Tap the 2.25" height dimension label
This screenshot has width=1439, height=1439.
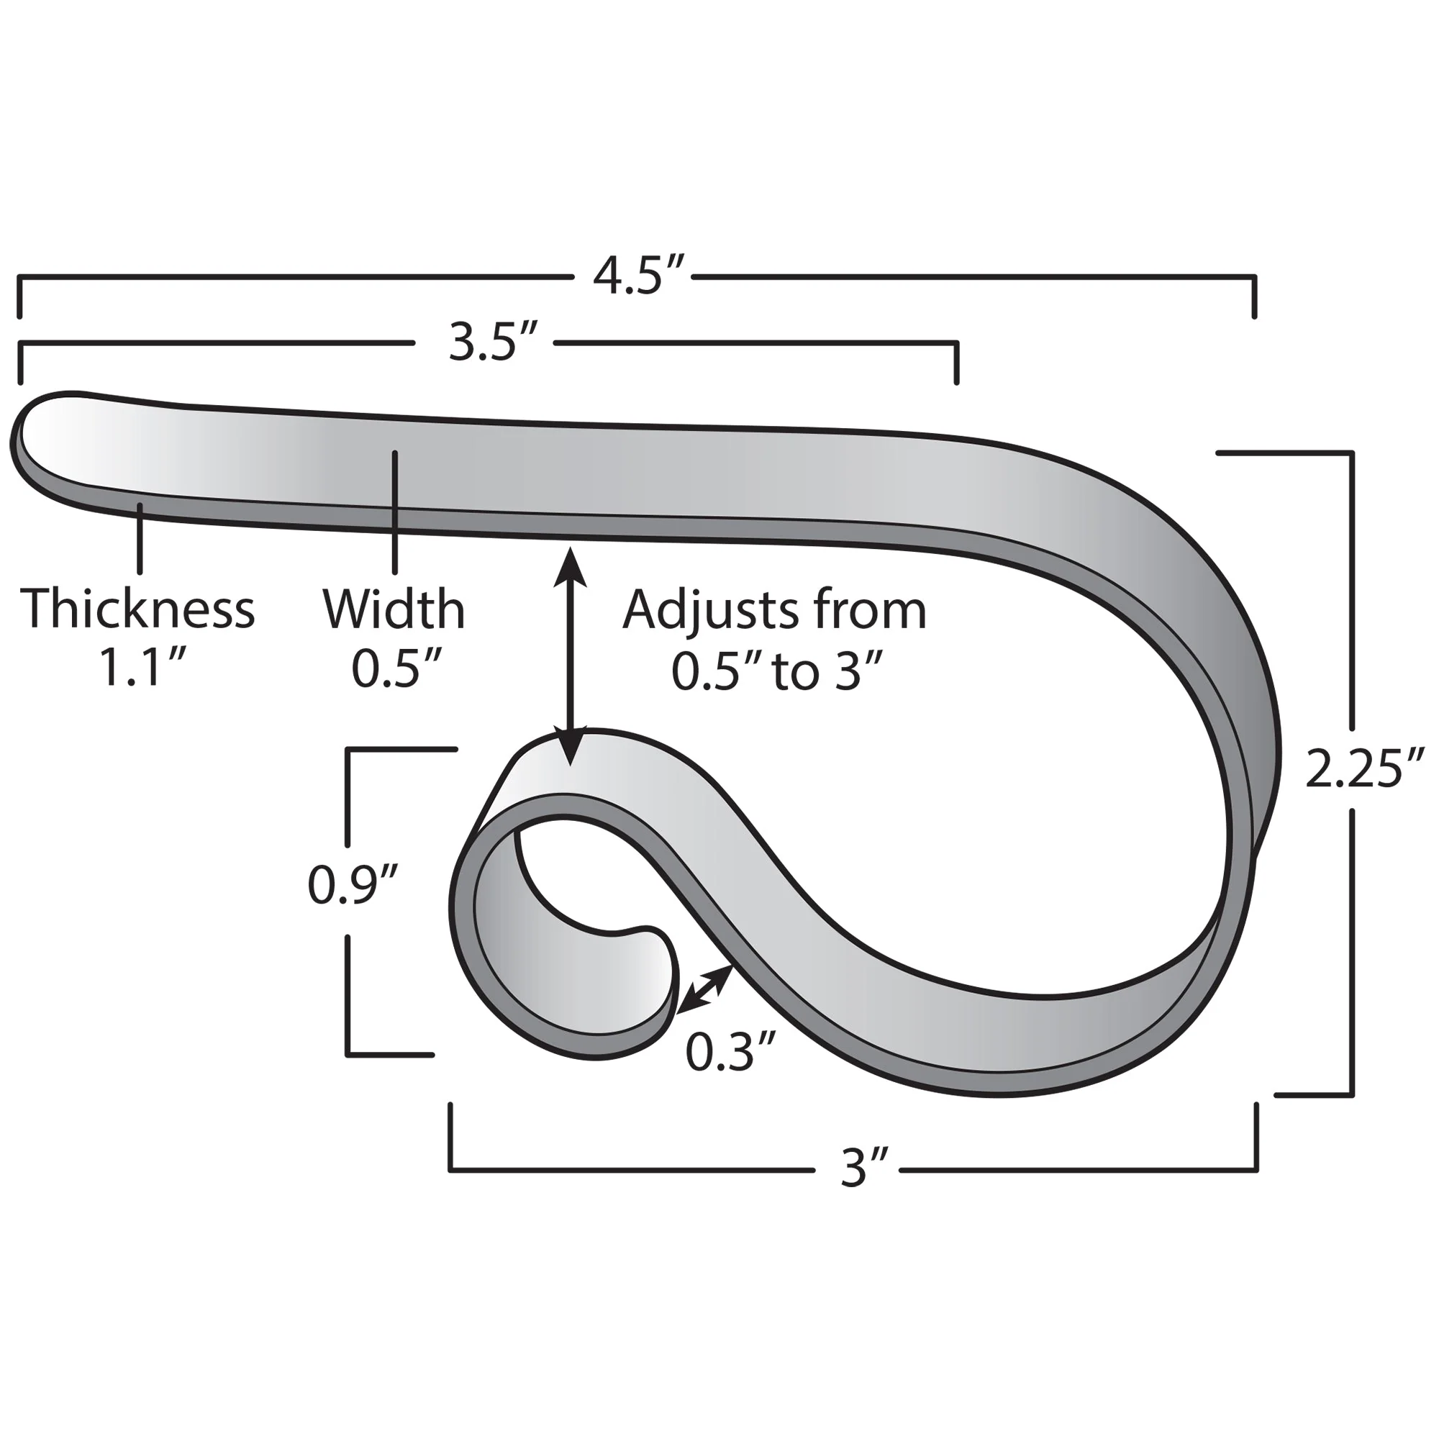(x=1363, y=769)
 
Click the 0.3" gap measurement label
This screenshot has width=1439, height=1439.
(x=731, y=1053)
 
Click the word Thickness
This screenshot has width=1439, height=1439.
(x=138, y=609)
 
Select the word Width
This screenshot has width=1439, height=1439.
(x=394, y=609)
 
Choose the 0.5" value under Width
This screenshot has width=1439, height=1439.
(x=397, y=669)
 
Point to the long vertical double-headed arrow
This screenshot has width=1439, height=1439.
(x=571, y=655)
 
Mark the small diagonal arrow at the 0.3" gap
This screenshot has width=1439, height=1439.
(x=704, y=989)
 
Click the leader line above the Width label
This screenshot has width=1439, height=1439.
(x=394, y=514)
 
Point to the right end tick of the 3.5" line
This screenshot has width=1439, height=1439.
(x=957, y=363)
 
